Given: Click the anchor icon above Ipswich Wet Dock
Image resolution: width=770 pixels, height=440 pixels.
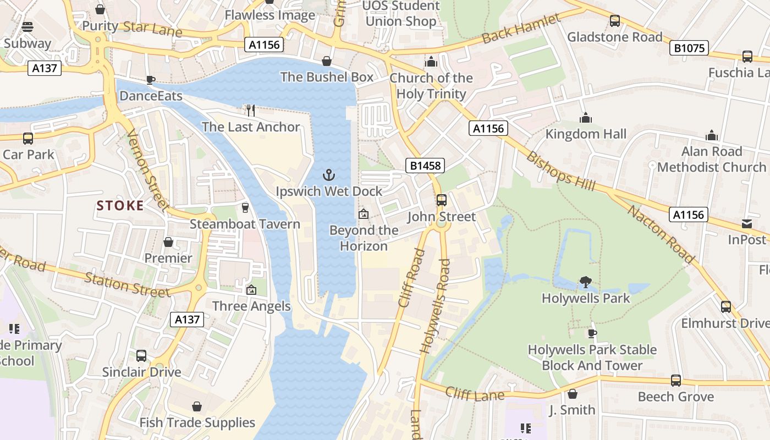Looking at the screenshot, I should pos(328,175).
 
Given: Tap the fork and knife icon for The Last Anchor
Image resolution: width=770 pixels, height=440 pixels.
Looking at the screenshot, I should pos(251,111).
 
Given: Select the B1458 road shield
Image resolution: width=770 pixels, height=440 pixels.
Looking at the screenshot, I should pos(425,166).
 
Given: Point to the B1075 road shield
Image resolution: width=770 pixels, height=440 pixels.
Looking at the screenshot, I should pos(689,48).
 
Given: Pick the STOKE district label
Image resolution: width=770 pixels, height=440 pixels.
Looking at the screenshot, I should pos(120,206).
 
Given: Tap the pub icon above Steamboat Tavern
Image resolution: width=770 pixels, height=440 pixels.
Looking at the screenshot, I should pos(245,208).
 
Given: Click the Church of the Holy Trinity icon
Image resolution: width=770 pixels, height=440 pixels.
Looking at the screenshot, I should pos(431,61).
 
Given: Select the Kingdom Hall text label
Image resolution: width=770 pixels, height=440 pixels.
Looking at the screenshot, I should pos(586,134).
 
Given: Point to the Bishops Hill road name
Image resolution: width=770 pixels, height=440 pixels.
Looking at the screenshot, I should pos(560,171).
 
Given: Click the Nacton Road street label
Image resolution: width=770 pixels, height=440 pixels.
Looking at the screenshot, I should pos(661,233).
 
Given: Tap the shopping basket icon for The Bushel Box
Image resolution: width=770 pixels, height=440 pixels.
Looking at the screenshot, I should pos(327,61).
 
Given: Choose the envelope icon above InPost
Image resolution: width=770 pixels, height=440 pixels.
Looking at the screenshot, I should pos(746,224).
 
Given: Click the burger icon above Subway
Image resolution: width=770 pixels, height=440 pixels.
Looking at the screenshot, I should pos(28,27).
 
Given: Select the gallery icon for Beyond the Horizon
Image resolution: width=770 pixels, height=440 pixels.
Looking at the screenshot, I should pos(363,214).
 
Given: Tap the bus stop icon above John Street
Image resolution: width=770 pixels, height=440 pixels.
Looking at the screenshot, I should pos(442,200).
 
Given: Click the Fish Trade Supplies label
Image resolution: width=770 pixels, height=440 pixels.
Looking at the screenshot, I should pos(197,422).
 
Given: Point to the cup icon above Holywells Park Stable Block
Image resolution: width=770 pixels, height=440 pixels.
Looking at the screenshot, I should pos(592,333).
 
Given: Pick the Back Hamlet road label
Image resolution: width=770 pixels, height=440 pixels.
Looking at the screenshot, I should pos(521,29).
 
